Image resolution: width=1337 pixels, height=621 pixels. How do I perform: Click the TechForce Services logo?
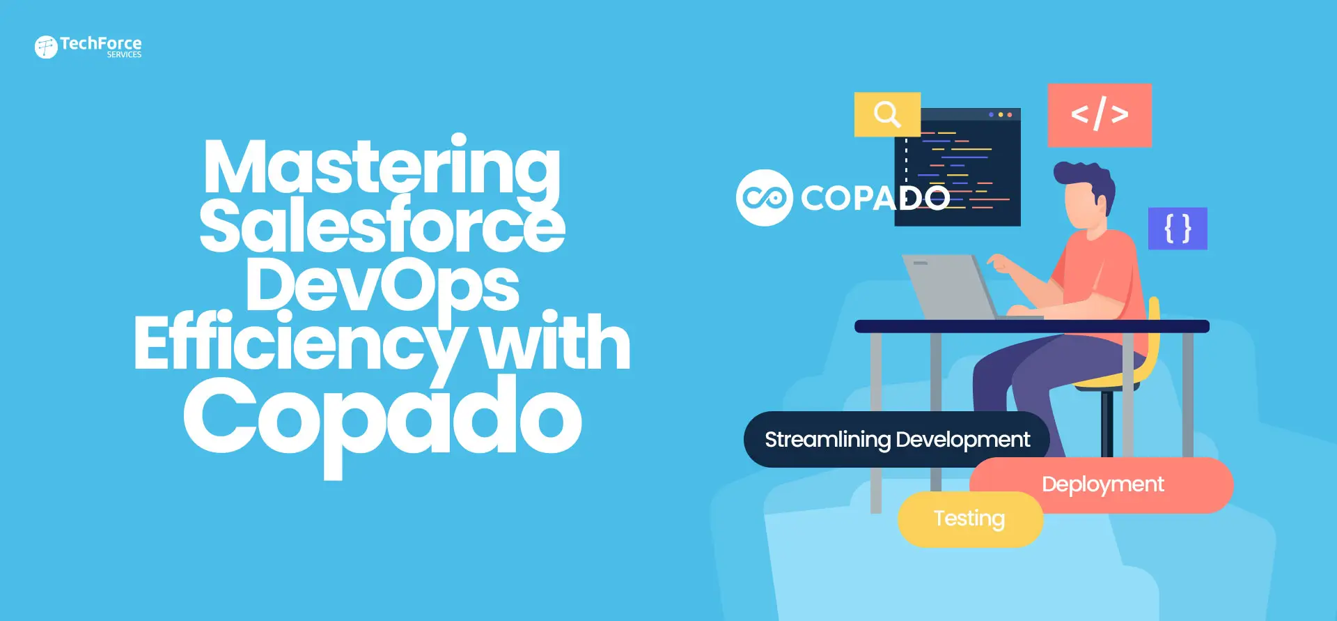click(x=88, y=47)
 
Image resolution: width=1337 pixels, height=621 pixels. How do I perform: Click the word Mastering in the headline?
click(x=382, y=167)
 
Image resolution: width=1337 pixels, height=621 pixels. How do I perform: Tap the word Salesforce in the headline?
click(x=382, y=226)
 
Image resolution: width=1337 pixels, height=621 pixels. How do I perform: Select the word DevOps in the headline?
click(x=382, y=284)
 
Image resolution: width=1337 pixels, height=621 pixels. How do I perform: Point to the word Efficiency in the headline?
click(x=299, y=344)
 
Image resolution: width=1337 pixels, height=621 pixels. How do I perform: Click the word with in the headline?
click(x=555, y=343)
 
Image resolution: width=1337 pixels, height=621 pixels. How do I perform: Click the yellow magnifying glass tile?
click(x=887, y=114)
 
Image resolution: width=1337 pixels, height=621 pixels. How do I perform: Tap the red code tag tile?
click(x=1100, y=115)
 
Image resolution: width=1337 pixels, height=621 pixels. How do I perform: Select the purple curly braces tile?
click(x=1178, y=229)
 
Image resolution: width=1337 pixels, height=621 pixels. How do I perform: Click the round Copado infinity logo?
click(x=764, y=198)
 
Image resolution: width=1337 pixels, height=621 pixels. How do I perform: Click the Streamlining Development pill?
click(x=896, y=439)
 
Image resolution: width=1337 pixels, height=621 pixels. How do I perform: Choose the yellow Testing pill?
click(x=969, y=519)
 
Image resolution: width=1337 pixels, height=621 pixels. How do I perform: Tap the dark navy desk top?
click(x=1031, y=326)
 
